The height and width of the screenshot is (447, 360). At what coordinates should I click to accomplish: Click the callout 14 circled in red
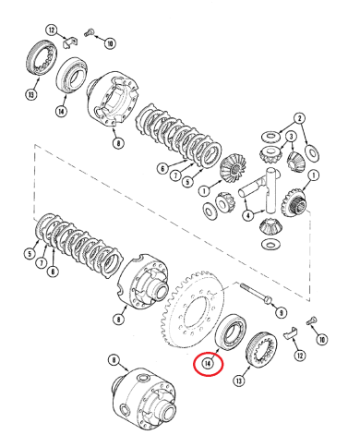point(208,363)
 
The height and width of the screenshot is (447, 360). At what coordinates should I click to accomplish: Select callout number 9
point(282,313)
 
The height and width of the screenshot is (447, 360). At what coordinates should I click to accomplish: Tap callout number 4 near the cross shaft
point(248,215)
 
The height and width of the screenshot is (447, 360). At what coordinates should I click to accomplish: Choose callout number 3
point(291,136)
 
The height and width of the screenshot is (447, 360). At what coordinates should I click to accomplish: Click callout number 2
point(299,118)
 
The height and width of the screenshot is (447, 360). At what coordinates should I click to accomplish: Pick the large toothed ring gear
point(191,311)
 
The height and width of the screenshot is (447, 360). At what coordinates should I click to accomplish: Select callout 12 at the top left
point(52,30)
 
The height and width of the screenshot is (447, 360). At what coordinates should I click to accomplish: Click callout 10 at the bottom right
point(322,340)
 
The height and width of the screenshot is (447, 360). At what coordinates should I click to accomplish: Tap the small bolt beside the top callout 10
point(89,32)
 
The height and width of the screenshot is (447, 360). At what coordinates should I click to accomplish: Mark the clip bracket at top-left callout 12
point(70,42)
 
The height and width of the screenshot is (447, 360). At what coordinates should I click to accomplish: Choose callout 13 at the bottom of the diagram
point(239,381)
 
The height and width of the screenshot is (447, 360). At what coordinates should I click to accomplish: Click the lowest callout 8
point(114,360)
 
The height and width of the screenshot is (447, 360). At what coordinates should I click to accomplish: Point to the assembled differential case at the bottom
point(145,394)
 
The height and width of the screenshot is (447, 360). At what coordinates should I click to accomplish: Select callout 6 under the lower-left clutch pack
point(53,272)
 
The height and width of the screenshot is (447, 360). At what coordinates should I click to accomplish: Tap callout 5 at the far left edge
point(30,253)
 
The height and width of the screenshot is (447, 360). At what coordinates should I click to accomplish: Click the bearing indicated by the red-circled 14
point(231,332)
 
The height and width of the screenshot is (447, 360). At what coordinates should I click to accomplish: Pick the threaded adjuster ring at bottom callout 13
point(261,349)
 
